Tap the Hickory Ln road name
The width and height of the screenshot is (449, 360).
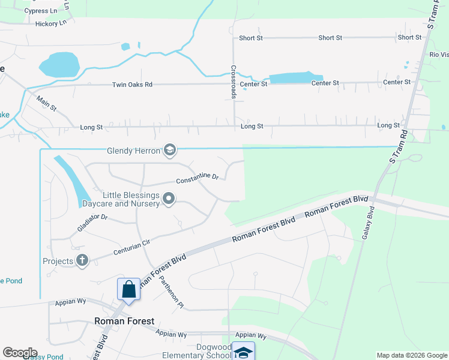point(50,23)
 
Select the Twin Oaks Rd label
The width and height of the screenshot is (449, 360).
point(132,85)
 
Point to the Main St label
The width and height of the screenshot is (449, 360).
point(46,104)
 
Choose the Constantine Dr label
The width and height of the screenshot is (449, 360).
point(197,178)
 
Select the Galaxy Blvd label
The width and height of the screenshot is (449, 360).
point(367,223)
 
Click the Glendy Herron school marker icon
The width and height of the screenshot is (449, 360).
point(169,150)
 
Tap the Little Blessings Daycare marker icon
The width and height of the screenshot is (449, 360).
point(169,199)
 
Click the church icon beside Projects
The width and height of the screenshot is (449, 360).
point(82,260)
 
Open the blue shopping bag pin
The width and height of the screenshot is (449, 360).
point(129,290)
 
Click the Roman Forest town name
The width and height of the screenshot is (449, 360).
point(124,321)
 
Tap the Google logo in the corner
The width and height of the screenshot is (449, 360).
point(19,353)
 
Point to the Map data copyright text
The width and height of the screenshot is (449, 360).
point(411,355)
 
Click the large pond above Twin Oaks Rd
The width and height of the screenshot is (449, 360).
point(59,64)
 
